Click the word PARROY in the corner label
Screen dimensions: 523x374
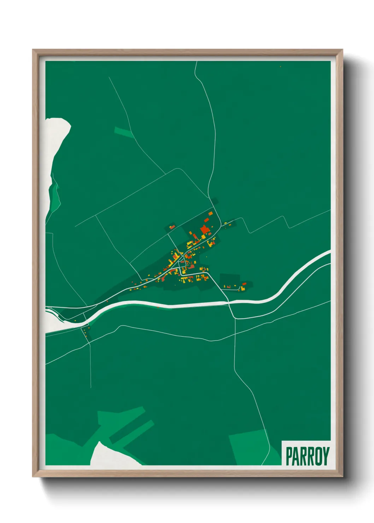307,456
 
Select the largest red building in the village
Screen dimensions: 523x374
205,230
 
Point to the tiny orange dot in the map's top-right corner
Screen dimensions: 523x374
280,66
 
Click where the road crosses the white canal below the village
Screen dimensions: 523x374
229,302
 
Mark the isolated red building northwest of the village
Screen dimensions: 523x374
172,226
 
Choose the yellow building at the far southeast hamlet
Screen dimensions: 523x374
242,289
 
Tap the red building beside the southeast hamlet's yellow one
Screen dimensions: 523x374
244,284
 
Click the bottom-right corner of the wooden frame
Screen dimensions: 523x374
342,476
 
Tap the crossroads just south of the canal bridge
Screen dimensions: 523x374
235,318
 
